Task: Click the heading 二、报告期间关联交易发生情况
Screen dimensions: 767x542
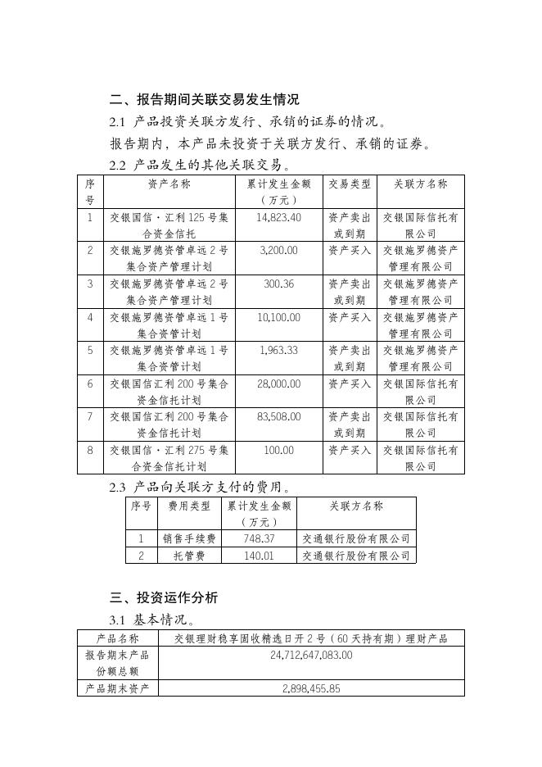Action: [x=204, y=100]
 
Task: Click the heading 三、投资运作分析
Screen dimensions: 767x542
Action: [x=164, y=597]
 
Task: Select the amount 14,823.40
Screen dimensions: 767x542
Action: [x=278, y=218]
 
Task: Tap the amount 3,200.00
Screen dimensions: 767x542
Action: [x=278, y=251]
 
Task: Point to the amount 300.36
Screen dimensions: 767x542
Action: [x=278, y=284]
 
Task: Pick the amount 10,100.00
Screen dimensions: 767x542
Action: [x=278, y=317]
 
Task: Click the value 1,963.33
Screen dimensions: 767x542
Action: [x=278, y=350]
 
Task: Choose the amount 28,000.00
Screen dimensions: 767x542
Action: [x=278, y=383]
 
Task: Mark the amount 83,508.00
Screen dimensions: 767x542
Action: [x=278, y=416]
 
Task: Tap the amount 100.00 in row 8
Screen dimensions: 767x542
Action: [x=278, y=450]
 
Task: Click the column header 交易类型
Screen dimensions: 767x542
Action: [x=350, y=184]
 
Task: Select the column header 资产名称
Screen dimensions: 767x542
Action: [x=169, y=184]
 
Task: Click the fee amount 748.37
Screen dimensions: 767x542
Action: [x=259, y=539]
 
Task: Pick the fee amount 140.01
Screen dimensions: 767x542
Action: [x=259, y=556]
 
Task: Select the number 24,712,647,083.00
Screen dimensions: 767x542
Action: [x=311, y=655]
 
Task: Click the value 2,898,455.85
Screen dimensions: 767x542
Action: [x=311, y=688]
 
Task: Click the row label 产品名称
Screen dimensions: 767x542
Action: [x=118, y=638]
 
